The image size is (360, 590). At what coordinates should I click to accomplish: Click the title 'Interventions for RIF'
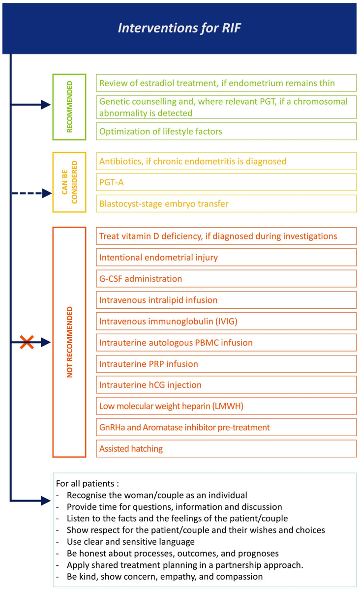point(179,28)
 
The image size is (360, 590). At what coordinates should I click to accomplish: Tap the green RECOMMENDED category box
point(69,107)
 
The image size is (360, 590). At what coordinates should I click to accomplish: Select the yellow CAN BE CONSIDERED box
point(69,182)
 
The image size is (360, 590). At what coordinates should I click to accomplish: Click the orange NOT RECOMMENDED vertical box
point(69,342)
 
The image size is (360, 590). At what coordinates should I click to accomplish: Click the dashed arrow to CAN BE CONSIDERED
point(30,193)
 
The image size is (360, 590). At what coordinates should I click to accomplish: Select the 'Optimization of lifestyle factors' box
point(226,131)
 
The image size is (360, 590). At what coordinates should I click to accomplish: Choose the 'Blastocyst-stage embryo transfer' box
point(226,204)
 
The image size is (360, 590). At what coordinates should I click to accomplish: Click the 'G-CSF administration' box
point(226,279)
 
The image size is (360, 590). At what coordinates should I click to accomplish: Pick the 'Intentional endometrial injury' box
point(226,257)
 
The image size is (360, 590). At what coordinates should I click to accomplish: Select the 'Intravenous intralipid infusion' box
point(226,300)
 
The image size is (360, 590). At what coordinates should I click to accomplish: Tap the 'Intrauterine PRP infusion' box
point(226,364)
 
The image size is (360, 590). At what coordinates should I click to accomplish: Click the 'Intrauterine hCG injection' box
point(226,385)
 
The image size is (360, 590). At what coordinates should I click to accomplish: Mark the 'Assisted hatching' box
point(226,448)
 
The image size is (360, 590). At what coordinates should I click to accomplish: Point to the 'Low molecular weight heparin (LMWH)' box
point(226,406)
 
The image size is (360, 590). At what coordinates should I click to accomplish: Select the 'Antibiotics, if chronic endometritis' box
point(226,161)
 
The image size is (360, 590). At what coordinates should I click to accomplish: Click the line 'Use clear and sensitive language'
point(131,542)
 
